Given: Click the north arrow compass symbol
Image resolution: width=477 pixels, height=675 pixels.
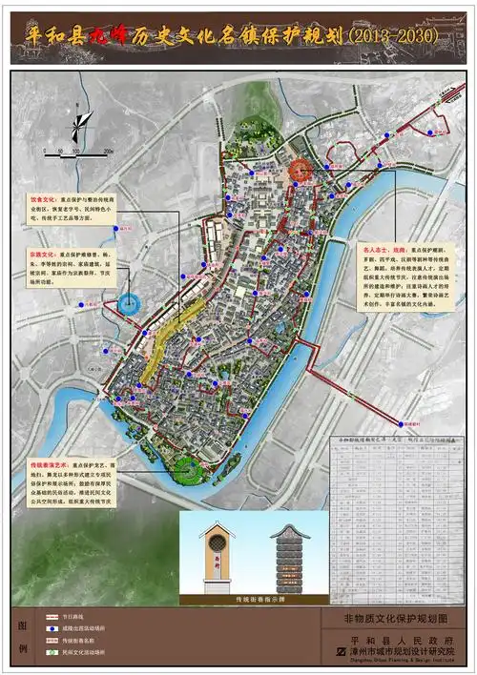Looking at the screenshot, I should pyautogui.click(x=83, y=121).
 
